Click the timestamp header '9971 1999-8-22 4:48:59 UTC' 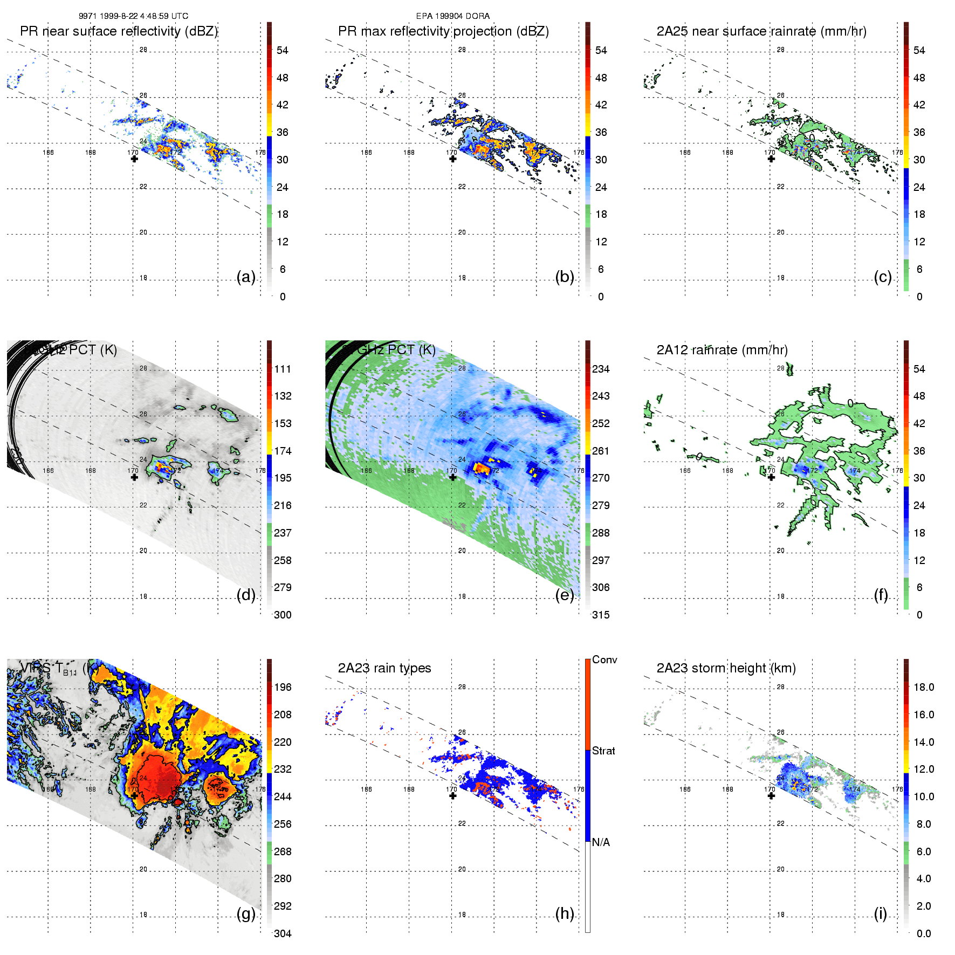[x=133, y=16]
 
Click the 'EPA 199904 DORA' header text [x=452, y=16]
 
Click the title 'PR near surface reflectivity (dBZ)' [x=119, y=31]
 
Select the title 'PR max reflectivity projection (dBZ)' [x=443, y=31]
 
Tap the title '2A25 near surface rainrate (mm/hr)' [x=761, y=31]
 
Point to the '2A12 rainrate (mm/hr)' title [x=722, y=350]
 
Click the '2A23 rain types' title [x=384, y=668]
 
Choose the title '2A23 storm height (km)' [x=726, y=668]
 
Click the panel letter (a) [x=246, y=277]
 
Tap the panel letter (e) [x=565, y=595]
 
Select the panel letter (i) [x=880, y=913]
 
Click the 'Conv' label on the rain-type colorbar [x=604, y=659]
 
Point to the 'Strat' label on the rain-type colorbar [x=603, y=751]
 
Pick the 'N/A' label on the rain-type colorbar [x=601, y=842]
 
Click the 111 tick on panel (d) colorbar [x=283, y=369]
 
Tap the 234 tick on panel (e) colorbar [x=601, y=369]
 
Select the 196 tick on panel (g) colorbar [x=283, y=687]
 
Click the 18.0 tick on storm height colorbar [x=924, y=687]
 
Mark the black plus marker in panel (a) [x=134, y=159]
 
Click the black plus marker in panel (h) [x=453, y=795]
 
